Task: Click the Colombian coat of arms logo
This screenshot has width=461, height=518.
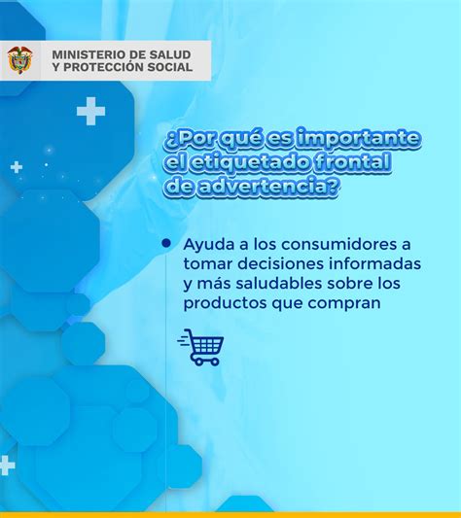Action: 19,60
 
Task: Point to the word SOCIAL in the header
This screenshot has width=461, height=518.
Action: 170,67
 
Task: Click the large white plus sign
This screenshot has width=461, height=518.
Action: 91,112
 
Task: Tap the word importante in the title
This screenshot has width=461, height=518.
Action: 359,138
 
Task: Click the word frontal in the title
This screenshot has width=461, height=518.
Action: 352,161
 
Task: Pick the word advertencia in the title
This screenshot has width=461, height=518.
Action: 268,187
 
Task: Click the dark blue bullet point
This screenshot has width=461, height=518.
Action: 166,244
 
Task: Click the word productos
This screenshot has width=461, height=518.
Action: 226,303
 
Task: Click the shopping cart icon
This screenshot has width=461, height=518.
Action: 201,347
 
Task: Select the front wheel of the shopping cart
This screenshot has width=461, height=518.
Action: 199,362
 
